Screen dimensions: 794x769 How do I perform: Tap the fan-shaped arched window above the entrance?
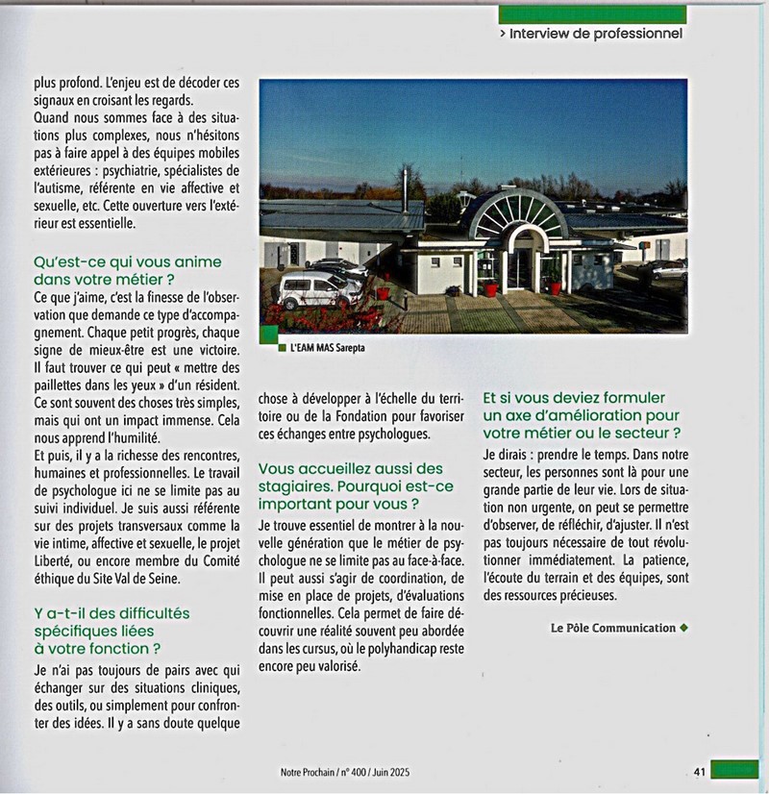point(517,212)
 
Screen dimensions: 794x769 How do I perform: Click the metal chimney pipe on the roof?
point(406,188)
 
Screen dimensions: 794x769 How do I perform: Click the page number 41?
point(701,770)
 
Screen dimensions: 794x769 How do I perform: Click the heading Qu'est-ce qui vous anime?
point(127,261)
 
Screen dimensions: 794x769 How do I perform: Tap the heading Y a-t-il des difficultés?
point(112,612)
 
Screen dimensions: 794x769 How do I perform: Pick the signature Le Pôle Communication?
point(613,628)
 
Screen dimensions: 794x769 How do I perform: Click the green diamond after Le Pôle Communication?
point(683,628)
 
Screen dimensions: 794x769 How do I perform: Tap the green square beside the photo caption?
point(281,350)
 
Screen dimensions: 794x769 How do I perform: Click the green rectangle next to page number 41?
point(735,770)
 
